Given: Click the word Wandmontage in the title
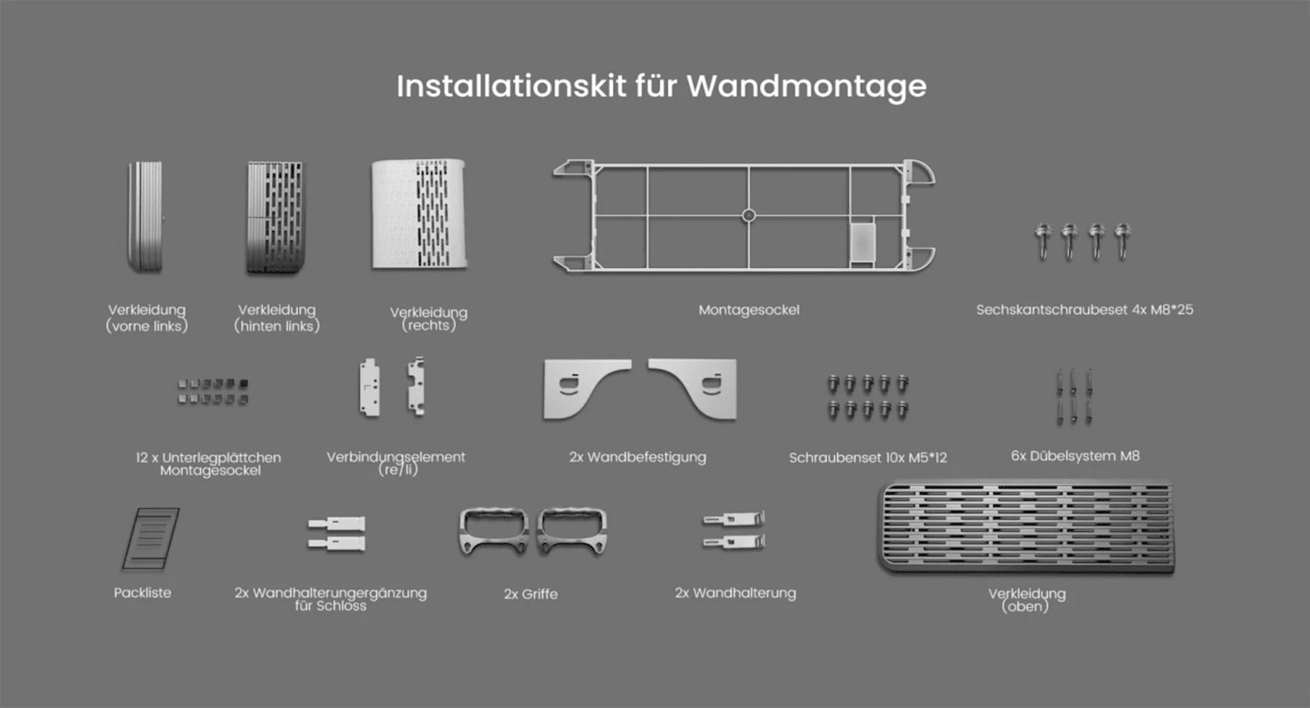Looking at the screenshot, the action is (807, 88).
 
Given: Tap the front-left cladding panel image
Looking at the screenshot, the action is (145, 217).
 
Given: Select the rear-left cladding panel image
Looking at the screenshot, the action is (275, 218).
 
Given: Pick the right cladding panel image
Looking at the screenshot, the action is (419, 214).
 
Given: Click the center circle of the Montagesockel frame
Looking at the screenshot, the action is (748, 216).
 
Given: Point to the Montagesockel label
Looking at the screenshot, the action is (748, 310).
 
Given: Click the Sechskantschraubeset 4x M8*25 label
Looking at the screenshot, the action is (1084, 310).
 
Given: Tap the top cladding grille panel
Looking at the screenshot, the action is (1026, 527).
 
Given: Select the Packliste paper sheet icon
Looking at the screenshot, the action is (150, 538).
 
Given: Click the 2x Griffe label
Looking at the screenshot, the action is (531, 594).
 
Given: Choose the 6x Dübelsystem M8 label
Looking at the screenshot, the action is (1075, 456).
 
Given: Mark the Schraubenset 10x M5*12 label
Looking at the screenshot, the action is (868, 458).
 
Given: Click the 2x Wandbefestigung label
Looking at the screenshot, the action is (638, 457).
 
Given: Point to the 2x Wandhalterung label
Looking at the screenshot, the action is (735, 593).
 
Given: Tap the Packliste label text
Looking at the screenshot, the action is (142, 593).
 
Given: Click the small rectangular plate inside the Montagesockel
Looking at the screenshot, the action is (862, 242).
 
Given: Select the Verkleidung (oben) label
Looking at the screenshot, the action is (1027, 600).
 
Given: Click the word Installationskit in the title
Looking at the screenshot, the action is (512, 86).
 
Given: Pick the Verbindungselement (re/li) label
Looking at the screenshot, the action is (396, 463).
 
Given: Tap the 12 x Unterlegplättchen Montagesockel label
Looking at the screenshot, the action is (208, 464).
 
